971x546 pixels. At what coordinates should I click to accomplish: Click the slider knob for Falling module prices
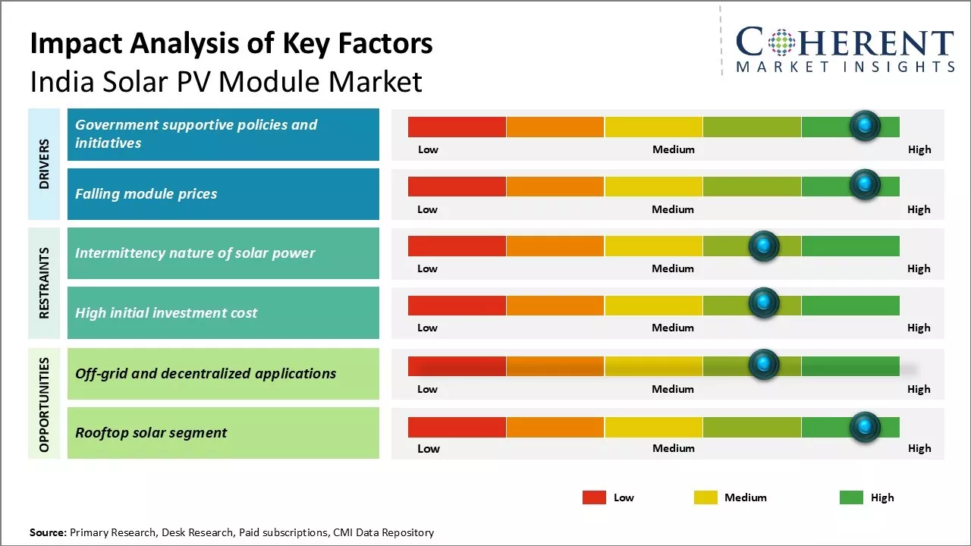point(864,184)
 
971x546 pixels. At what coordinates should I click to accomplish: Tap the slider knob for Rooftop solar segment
point(864,427)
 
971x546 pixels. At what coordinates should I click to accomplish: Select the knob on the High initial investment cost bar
point(764,303)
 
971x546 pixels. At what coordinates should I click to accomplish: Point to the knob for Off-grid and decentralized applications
point(764,365)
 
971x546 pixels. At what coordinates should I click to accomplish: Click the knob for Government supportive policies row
point(864,125)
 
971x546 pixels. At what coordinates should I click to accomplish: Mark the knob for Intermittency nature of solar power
point(764,246)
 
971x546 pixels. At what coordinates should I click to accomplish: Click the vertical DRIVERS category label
point(44,164)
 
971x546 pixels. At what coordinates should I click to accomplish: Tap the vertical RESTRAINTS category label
point(44,283)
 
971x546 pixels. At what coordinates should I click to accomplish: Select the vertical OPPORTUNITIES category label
point(44,405)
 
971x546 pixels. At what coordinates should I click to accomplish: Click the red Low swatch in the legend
point(594,497)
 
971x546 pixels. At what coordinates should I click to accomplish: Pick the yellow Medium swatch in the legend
point(705,497)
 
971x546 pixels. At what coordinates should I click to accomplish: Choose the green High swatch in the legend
point(851,497)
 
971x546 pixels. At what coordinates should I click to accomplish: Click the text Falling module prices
point(146,194)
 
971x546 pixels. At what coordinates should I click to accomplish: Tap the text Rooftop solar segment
point(151,433)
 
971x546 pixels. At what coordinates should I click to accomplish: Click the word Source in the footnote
point(48,532)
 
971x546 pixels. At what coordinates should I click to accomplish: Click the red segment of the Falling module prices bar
point(457,187)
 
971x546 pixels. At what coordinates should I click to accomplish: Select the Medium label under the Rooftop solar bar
point(673,448)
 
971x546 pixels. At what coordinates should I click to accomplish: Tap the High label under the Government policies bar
point(919,149)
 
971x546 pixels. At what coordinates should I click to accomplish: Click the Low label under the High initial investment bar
point(427,328)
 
